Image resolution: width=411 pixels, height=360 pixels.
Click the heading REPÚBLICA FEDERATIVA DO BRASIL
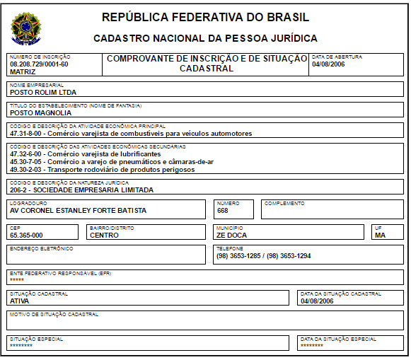click(205, 17)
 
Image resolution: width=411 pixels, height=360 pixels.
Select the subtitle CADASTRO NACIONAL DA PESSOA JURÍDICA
click(205, 38)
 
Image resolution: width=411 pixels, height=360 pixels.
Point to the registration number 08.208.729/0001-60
click(40, 64)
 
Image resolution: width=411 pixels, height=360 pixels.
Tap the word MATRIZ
click(23, 71)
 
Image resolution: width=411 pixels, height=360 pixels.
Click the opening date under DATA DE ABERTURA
click(327, 64)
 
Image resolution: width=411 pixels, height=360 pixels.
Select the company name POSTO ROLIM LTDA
click(43, 92)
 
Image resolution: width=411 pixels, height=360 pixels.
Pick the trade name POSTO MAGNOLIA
click(41, 112)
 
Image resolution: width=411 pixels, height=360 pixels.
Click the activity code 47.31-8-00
click(27, 133)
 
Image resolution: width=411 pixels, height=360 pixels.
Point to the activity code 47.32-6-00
click(27, 153)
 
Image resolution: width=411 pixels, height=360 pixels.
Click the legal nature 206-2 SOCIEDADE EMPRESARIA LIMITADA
click(81, 190)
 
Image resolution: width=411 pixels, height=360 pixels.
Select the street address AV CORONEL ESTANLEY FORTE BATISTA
click(79, 210)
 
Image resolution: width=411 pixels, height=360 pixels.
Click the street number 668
click(223, 210)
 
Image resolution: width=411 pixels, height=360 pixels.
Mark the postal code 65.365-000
click(27, 235)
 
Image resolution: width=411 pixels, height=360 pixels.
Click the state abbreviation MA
click(380, 235)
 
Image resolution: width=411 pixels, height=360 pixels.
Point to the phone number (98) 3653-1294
click(286, 255)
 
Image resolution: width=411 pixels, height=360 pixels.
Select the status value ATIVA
click(20, 301)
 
